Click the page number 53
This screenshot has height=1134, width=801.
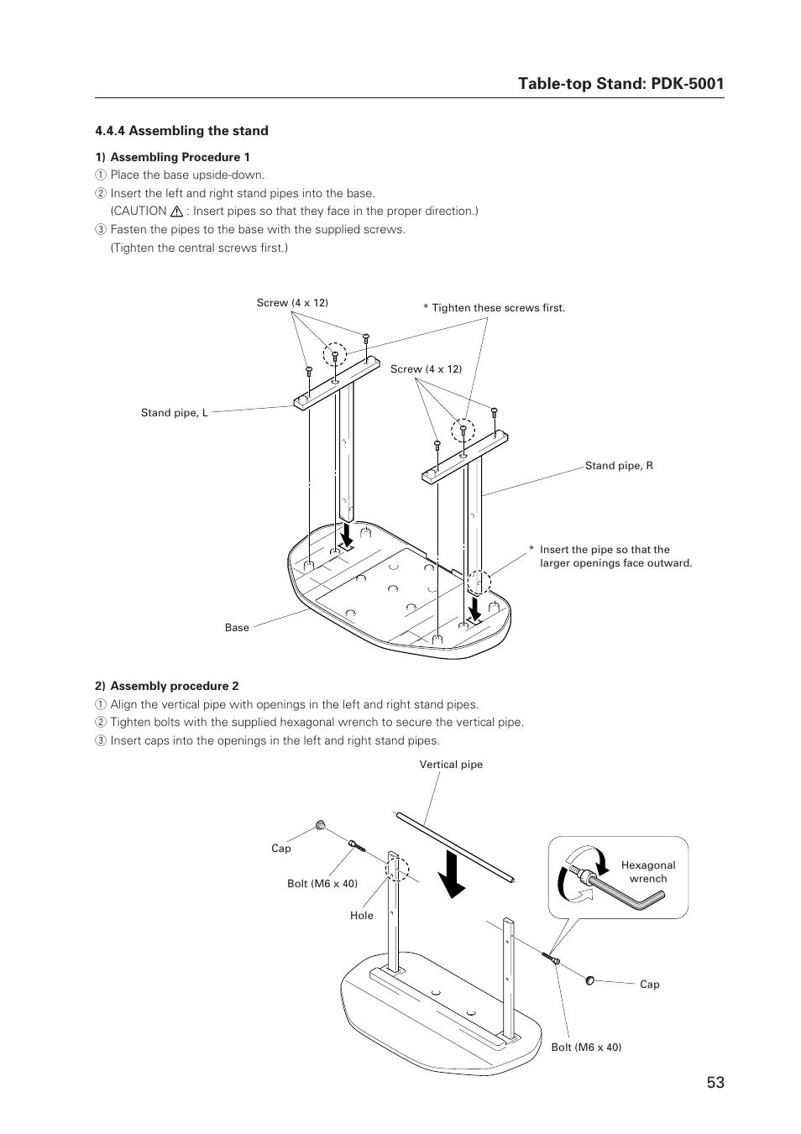tap(715, 1083)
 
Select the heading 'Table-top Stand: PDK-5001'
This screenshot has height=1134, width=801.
tap(620, 83)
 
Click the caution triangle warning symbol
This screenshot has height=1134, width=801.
tap(177, 212)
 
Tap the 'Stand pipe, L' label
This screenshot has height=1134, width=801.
tap(174, 413)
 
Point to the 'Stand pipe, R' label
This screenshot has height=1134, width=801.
tap(619, 466)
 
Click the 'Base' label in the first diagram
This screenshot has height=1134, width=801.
tap(237, 628)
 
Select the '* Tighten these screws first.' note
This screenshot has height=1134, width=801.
tap(494, 308)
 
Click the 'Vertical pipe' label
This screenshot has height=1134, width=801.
tap(451, 765)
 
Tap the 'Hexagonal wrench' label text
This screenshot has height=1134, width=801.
tap(648, 872)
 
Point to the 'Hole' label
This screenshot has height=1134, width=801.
tap(362, 916)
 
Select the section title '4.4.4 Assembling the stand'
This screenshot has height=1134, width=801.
tap(181, 131)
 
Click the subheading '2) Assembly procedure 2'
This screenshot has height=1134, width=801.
tap(166, 686)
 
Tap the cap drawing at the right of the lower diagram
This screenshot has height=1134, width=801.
tap(590, 979)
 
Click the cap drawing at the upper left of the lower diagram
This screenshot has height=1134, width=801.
tap(321, 826)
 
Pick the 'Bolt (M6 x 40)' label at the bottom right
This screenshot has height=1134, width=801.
tap(586, 1048)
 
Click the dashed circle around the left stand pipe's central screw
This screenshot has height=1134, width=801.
tap(335, 355)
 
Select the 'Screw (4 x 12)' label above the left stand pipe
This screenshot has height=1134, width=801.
tap(292, 303)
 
